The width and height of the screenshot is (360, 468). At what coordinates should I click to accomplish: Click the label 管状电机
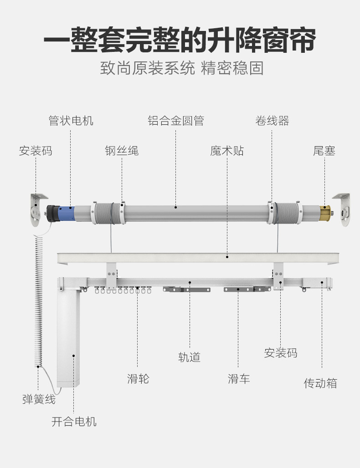coord(71,121)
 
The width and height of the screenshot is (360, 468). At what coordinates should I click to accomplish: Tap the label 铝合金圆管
coord(175,121)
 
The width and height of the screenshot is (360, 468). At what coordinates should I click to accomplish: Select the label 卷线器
coord(272,121)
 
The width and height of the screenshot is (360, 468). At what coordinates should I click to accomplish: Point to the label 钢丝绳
coord(122,151)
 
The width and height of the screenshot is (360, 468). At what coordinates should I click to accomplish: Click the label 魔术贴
coord(226,151)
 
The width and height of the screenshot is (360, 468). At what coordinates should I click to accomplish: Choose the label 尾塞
coord(324,151)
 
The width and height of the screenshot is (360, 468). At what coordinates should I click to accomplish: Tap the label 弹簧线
coord(39,400)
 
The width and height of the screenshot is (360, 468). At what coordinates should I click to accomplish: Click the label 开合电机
coord(74,422)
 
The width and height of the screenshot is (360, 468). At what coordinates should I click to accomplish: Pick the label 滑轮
coord(138,378)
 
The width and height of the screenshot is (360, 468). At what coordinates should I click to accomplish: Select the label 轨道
coord(189,357)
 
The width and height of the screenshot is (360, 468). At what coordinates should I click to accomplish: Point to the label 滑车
coord(239,378)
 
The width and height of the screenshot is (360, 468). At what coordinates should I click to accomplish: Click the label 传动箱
coord(320,383)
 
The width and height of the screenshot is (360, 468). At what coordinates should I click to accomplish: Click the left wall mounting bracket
coord(38,209)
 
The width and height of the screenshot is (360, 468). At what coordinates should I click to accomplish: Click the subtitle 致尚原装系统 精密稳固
coord(182,68)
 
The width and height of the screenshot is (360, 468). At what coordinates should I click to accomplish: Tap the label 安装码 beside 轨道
coord(280,353)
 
